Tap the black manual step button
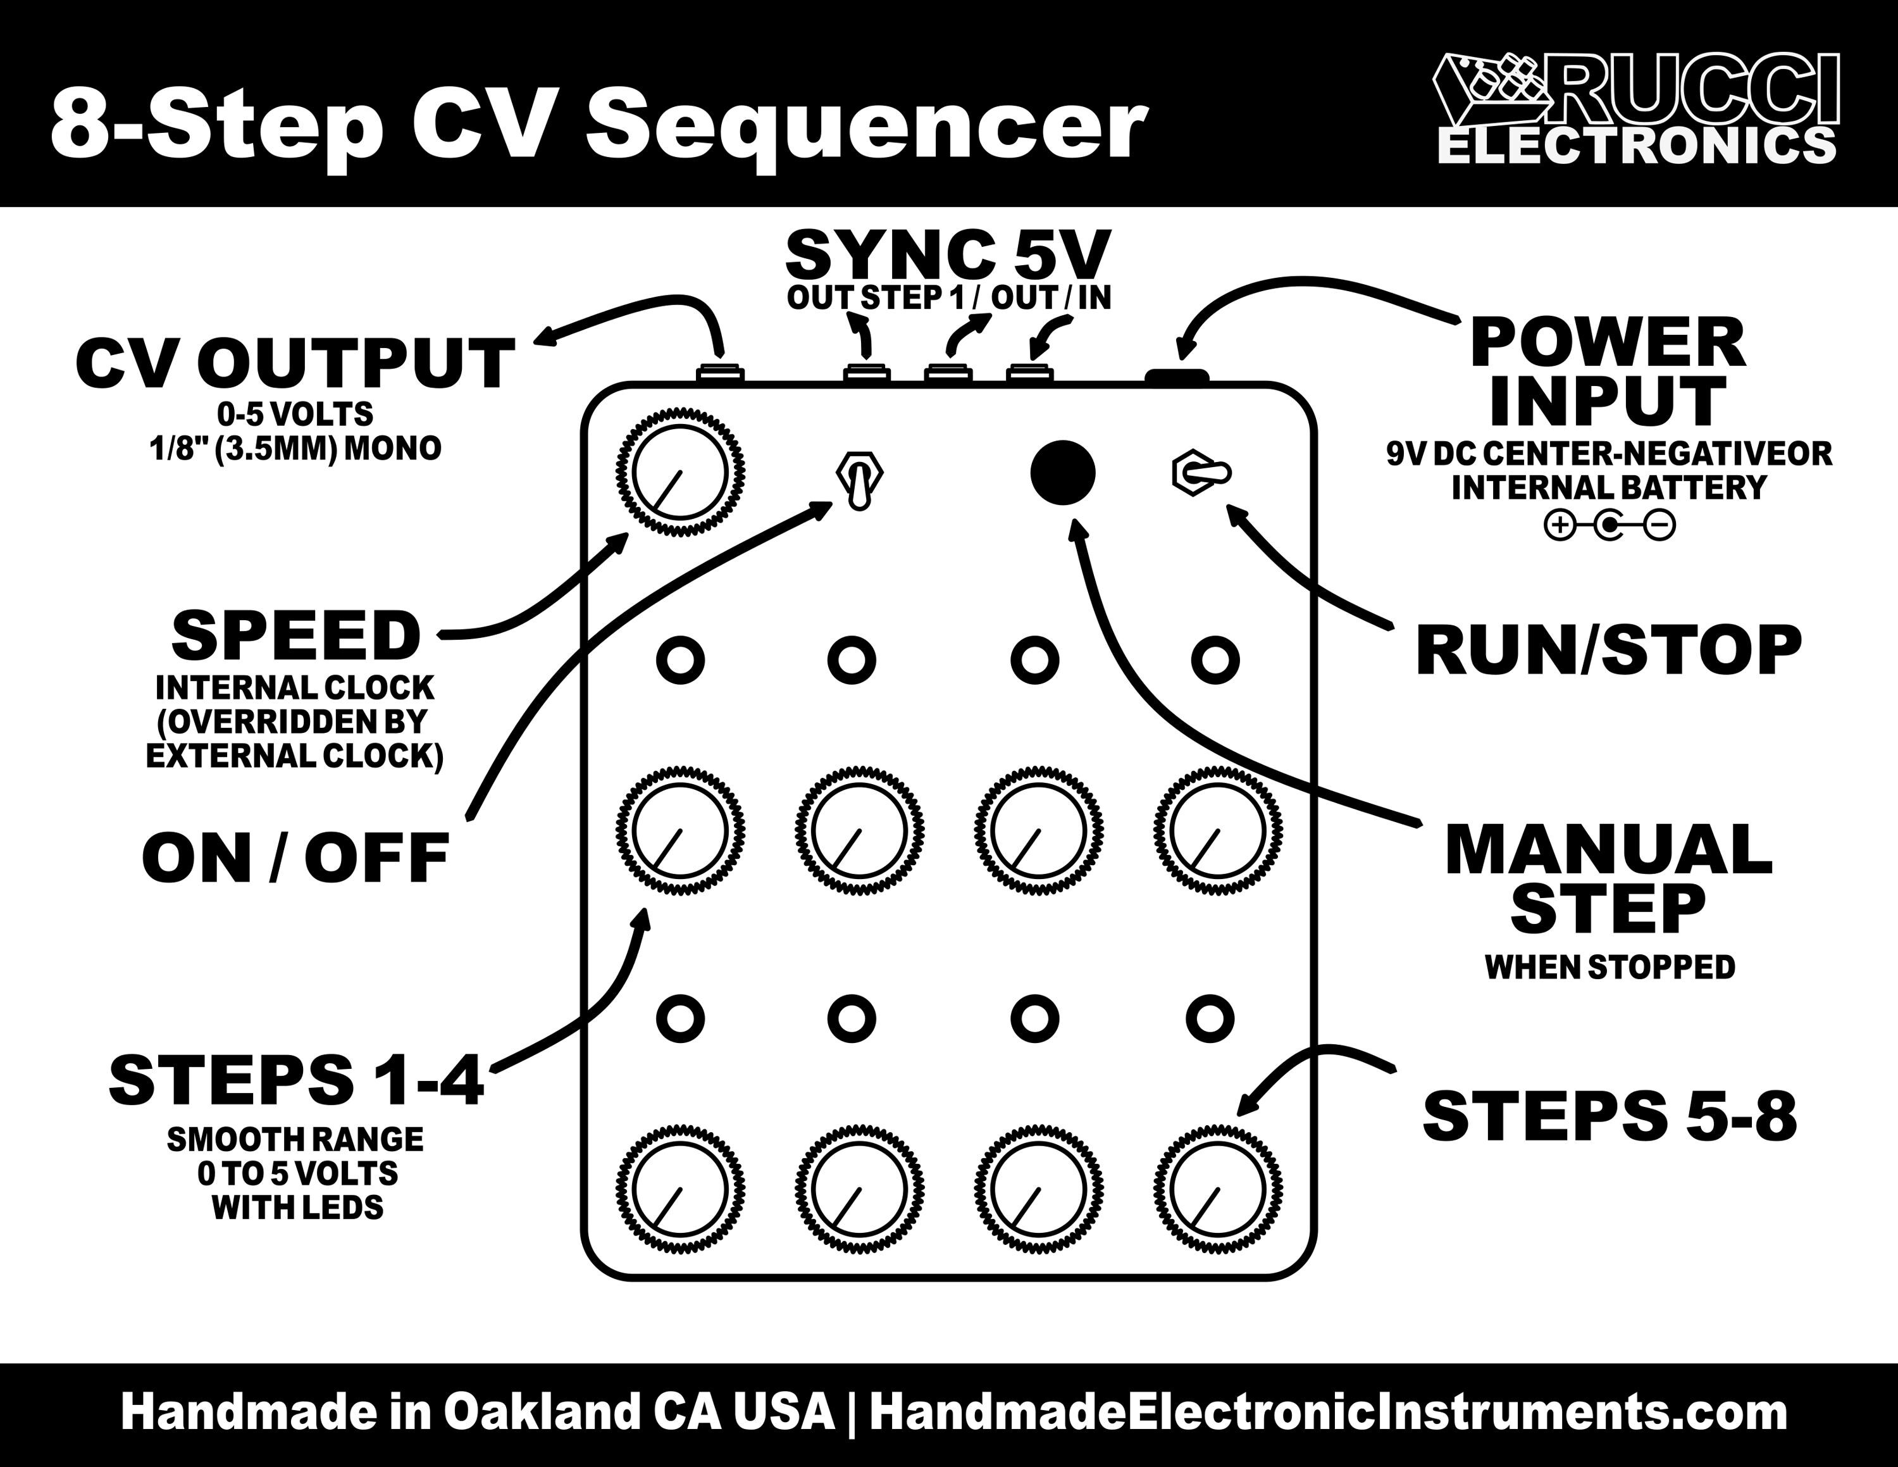[x=1062, y=473]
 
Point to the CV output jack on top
[x=721, y=373]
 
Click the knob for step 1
[x=681, y=830]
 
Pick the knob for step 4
[x=1217, y=830]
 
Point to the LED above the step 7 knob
[x=1035, y=1018]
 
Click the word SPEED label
[x=295, y=635]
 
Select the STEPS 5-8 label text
[x=1610, y=1117]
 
